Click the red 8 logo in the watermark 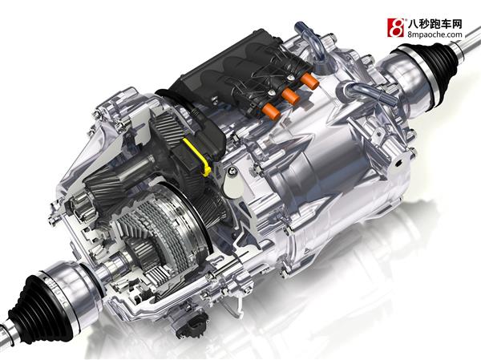pos(395,27)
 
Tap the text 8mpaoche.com pos(435,34)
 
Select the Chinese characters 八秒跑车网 pos(435,23)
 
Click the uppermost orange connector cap pos(309,80)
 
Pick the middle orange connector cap pos(290,95)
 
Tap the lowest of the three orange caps pos(271,111)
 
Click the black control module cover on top pos(227,74)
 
